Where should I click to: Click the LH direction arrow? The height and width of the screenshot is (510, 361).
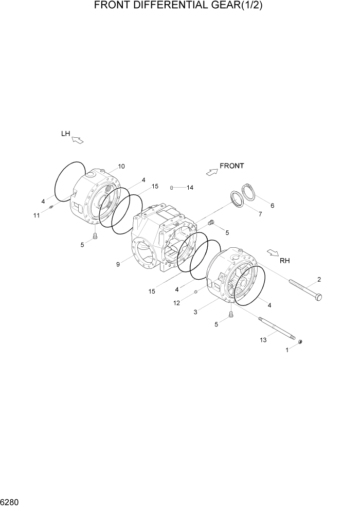(77, 139)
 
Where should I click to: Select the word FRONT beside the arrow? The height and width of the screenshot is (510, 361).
(231, 166)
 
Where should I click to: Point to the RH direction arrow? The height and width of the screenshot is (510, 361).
(273, 252)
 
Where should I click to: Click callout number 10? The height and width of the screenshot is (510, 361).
(121, 166)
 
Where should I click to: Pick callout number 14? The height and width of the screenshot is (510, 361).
(190, 188)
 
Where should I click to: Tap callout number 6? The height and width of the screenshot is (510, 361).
(272, 206)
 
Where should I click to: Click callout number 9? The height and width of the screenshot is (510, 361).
(118, 264)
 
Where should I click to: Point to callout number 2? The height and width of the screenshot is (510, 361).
(319, 280)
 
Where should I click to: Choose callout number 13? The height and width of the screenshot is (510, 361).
(264, 340)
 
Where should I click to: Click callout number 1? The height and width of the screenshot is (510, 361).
(287, 350)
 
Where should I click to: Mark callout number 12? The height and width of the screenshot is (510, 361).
(176, 303)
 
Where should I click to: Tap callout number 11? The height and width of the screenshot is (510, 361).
(37, 215)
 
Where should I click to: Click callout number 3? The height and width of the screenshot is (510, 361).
(195, 312)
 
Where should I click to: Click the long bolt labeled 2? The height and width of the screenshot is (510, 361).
(306, 289)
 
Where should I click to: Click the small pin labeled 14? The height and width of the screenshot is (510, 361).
(172, 187)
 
